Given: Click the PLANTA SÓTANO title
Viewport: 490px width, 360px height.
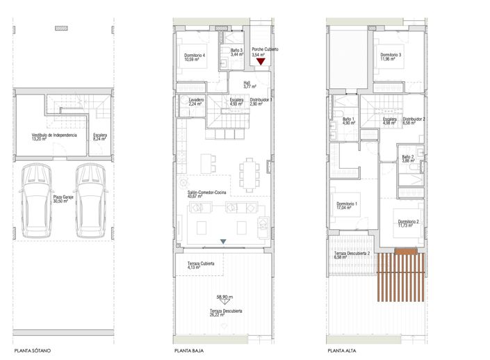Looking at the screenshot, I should click(31, 350).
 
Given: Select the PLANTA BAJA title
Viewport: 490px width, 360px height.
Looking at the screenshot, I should click(188, 350).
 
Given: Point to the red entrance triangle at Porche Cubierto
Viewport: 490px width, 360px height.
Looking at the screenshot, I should click(261, 63).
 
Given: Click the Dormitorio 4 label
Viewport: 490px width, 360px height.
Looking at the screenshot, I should click(195, 57).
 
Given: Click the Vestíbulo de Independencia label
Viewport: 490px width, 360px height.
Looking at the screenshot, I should click(54, 137).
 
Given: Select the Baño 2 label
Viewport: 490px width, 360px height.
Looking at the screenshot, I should click(407, 158).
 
